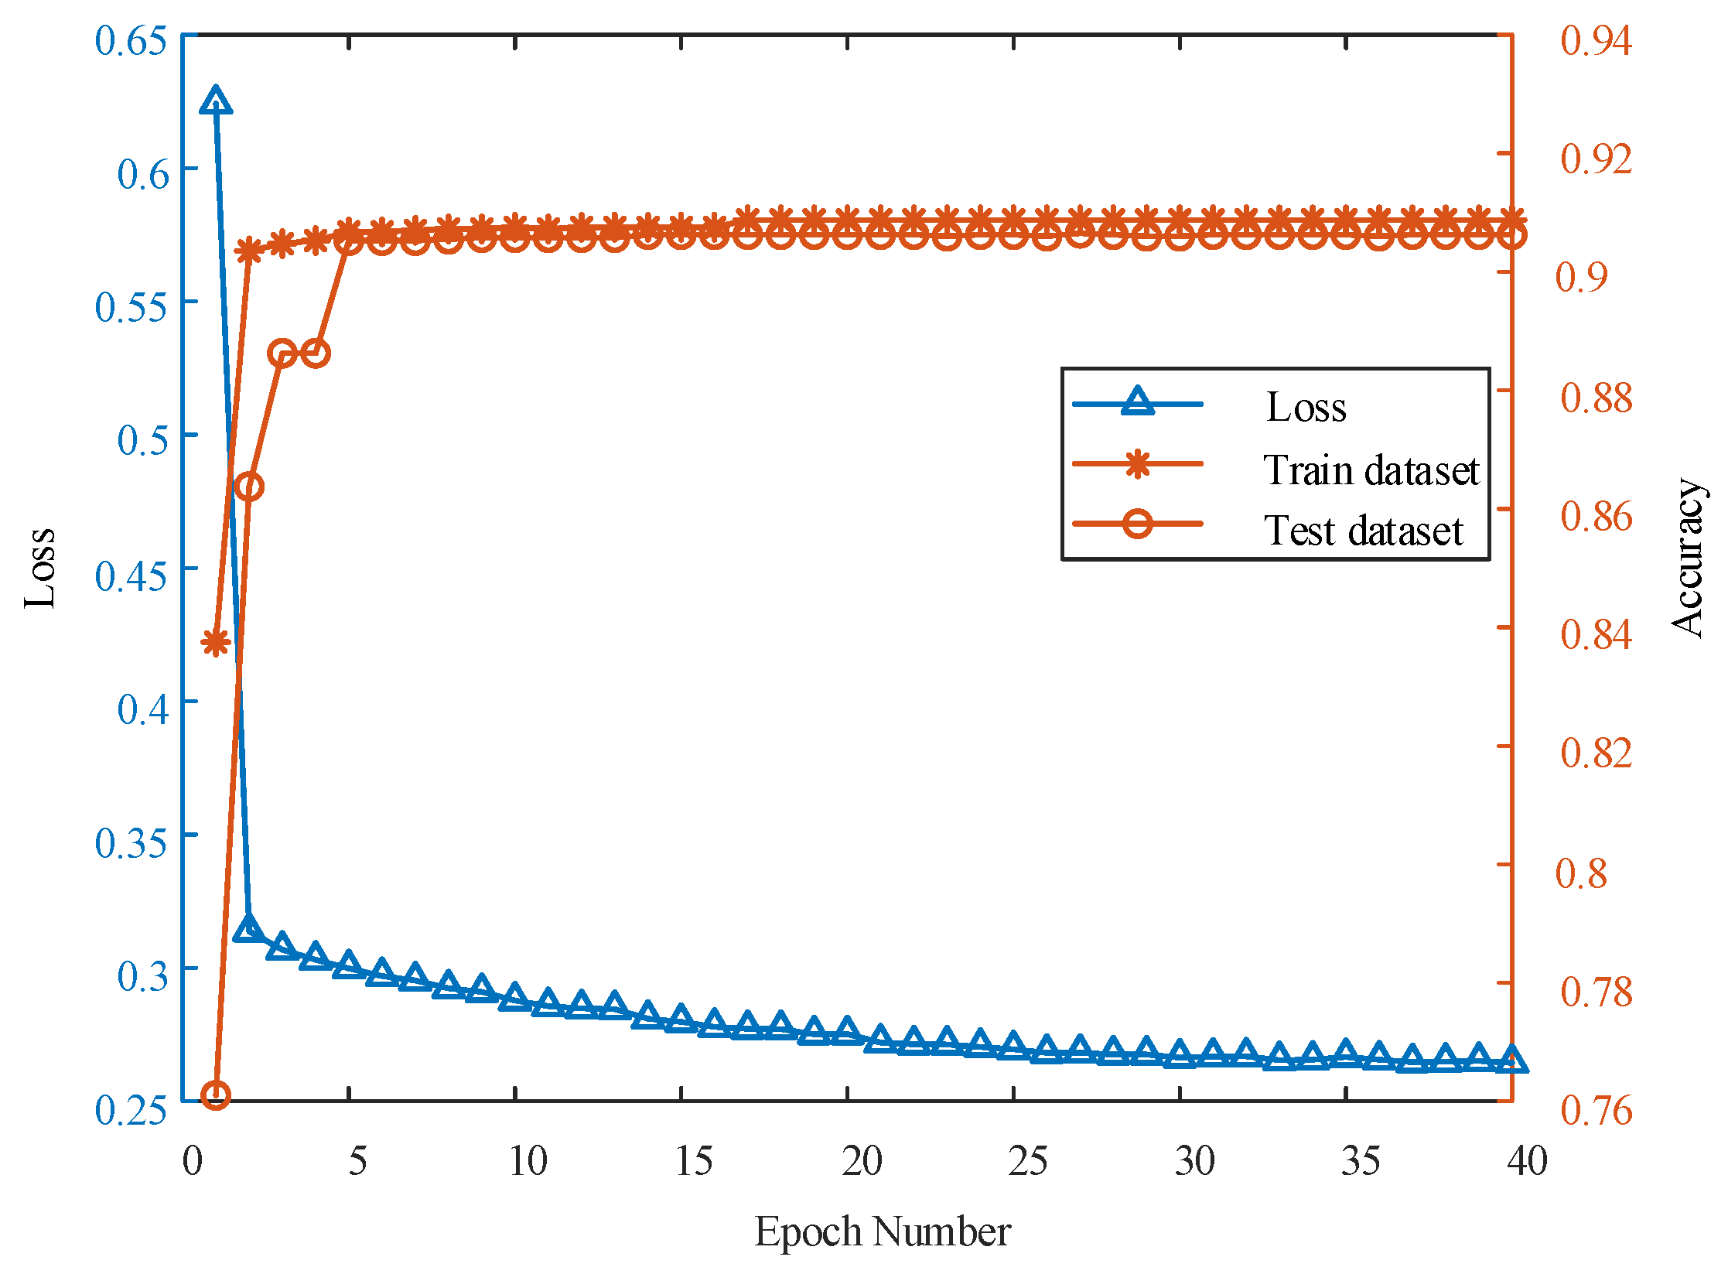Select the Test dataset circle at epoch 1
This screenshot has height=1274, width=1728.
click(x=216, y=1095)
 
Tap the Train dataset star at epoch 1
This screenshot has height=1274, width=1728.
click(x=216, y=642)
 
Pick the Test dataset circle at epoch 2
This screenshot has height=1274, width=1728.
click(x=249, y=487)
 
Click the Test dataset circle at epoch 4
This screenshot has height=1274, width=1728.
click(x=316, y=354)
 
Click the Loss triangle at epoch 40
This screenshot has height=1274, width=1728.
click(x=1511, y=1061)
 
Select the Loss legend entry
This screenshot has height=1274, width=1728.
click(x=1306, y=407)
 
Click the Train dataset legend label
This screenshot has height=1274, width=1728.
click(x=1371, y=470)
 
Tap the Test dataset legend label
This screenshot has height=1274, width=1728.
click(x=1363, y=531)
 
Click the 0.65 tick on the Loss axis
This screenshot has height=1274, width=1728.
click(x=130, y=40)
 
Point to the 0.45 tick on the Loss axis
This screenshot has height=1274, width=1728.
click(x=130, y=576)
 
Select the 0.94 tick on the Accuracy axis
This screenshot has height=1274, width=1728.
click(x=1596, y=40)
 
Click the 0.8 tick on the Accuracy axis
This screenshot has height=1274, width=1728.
click(x=1581, y=873)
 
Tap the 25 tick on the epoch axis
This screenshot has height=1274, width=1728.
click(x=1028, y=1161)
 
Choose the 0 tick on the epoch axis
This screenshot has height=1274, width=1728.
click(x=193, y=1161)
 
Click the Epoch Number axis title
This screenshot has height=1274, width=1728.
click(x=882, y=1231)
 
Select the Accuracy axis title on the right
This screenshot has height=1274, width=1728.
click(x=1688, y=557)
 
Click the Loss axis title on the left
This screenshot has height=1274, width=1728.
click(x=40, y=569)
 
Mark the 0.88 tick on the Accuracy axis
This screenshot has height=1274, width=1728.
click(x=1596, y=398)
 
